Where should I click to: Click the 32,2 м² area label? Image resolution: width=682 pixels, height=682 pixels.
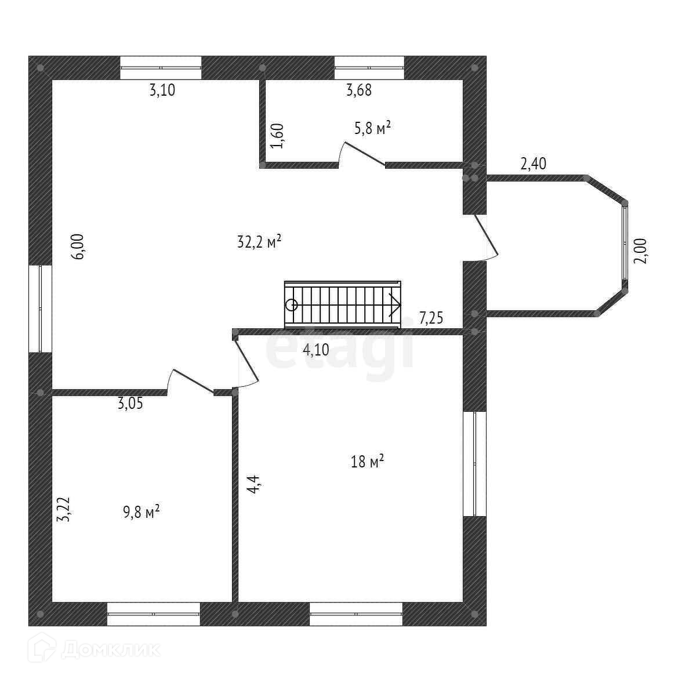point(259,241)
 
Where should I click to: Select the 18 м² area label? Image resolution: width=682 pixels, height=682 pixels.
point(368,462)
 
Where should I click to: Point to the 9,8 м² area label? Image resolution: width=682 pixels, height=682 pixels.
point(142,512)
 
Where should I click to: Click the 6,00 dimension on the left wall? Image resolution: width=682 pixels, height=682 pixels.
point(79,246)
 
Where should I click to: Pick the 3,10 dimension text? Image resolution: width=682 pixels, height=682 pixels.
point(162,90)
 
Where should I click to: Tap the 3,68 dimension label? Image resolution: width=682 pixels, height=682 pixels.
point(358,90)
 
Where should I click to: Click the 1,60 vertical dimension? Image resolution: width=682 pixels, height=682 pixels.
point(278,135)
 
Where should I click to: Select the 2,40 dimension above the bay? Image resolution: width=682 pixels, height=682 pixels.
point(533,164)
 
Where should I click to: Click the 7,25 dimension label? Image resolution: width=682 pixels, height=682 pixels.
point(431,317)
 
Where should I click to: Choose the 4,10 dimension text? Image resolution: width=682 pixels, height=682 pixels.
point(317,349)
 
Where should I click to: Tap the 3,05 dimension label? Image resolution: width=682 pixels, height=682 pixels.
point(130,404)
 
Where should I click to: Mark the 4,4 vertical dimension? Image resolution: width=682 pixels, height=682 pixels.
point(253,483)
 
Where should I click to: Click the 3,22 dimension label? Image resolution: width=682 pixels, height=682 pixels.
point(64,509)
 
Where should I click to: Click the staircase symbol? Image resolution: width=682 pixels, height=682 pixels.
point(342,304)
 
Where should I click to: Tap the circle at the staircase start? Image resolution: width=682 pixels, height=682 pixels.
point(292,304)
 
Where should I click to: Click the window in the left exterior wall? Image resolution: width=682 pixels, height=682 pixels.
point(40,309)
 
